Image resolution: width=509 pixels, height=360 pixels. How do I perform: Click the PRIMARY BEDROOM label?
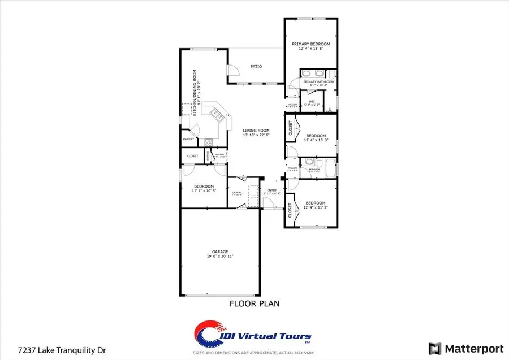point(310,44)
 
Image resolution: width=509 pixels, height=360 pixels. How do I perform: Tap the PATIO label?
point(256,67)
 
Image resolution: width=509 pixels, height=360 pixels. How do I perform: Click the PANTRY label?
point(188,139)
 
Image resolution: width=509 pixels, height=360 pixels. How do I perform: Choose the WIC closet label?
point(312,102)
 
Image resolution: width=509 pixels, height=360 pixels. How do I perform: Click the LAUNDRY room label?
point(237,193)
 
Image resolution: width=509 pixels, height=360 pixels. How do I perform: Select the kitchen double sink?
point(216,115)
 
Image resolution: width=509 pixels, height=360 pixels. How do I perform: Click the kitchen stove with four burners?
point(209,142)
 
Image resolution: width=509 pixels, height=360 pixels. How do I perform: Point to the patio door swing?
point(232,70)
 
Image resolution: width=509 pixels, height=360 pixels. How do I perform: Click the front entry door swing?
point(277,203)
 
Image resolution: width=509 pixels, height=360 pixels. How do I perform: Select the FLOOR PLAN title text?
point(254,303)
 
